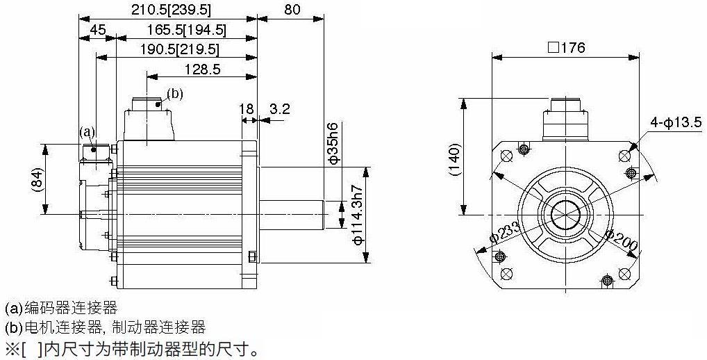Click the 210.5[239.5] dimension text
pyautogui.click(x=171, y=10)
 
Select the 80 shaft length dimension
pyautogui.click(x=292, y=10)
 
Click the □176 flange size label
pyautogui.click(x=566, y=48)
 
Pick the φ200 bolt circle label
pyautogui.click(x=620, y=240)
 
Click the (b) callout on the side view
pyautogui.click(x=175, y=94)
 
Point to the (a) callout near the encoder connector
pyautogui.click(x=87, y=131)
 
